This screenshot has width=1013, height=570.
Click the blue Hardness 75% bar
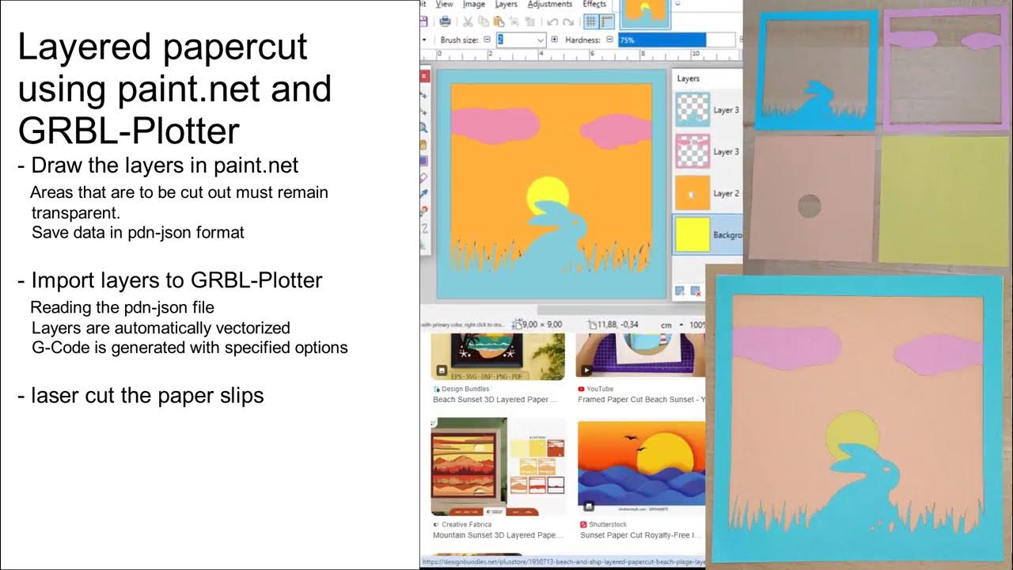coord(662,40)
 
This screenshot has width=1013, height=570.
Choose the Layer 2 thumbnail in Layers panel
coord(692,193)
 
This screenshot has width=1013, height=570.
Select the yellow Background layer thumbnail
coord(692,235)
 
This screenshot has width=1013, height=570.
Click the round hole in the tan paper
coord(809,207)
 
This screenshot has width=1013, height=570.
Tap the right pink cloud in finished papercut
coord(945,355)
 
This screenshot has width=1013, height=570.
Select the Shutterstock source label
coord(607,524)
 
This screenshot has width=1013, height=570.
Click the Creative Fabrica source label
coord(467,524)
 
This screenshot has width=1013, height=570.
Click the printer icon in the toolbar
coord(446,21)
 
